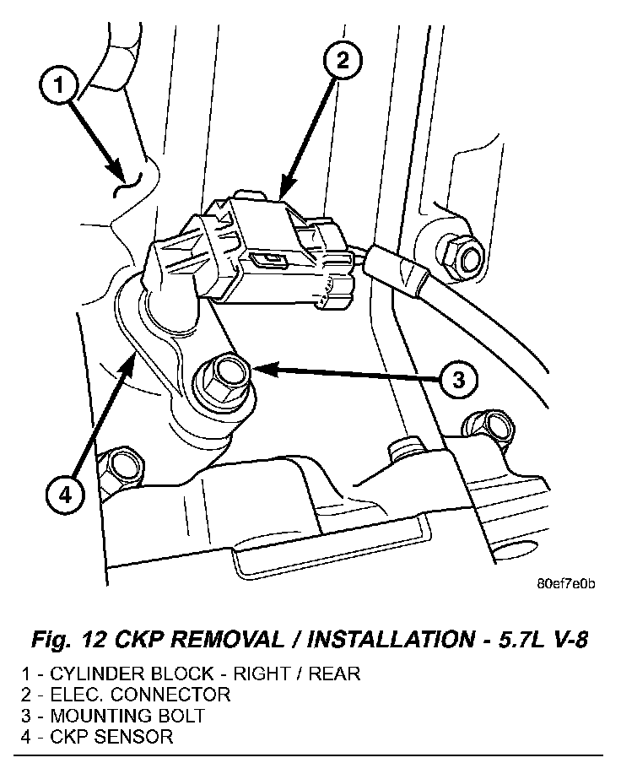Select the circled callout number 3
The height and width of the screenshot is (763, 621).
pyautogui.click(x=456, y=381)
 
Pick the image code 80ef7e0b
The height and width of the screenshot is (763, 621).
pyautogui.click(x=564, y=582)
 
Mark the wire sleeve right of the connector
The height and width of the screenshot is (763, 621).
pyautogui.click(x=399, y=269)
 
